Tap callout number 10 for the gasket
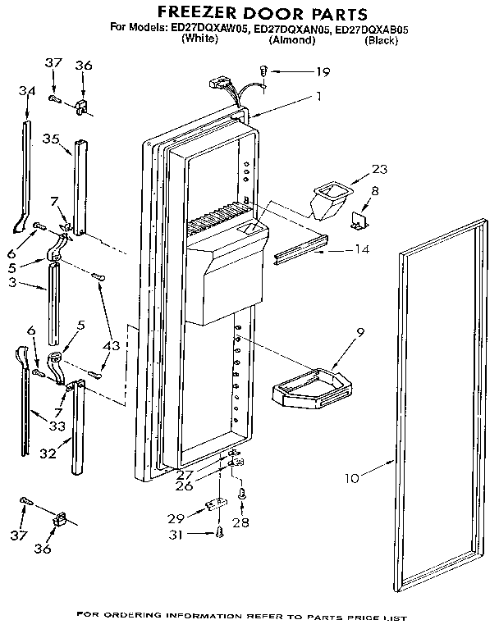351,477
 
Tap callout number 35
52,139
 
